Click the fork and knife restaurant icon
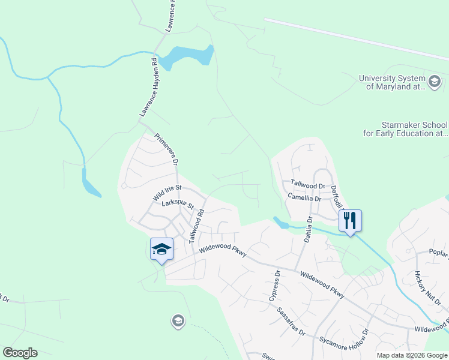[350, 220]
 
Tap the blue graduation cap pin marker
[161, 249]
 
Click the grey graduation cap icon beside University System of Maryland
[434, 81]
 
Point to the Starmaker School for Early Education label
[406, 129]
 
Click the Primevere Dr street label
[167, 150]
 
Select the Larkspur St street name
[178, 205]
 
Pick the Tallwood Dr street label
[307, 185]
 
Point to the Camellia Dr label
[304, 197]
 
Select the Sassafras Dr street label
[291, 322]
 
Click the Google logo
[20, 353]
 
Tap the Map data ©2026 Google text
[412, 355]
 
